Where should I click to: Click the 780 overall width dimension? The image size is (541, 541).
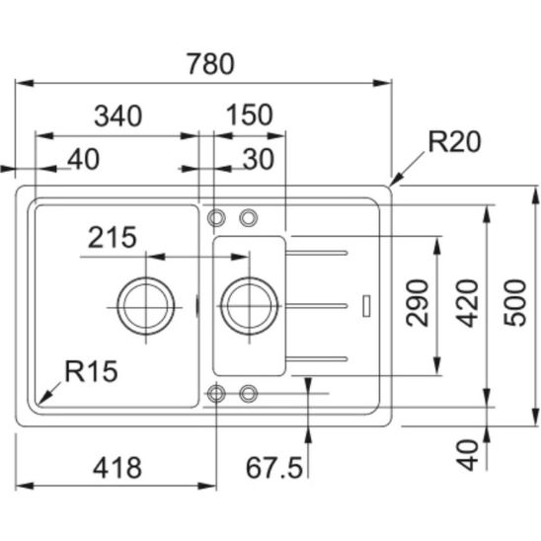click(x=211, y=64)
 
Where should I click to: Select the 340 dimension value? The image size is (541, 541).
click(x=118, y=116)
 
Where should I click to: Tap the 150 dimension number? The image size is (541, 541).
click(x=250, y=115)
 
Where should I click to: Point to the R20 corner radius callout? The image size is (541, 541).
click(x=454, y=141)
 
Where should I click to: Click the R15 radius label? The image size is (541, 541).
click(x=92, y=371)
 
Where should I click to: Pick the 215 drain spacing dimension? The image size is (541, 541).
click(x=113, y=237)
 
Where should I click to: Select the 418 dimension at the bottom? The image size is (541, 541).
click(x=117, y=468)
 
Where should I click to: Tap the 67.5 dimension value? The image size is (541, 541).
click(x=274, y=468)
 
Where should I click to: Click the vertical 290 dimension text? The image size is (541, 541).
click(x=418, y=303)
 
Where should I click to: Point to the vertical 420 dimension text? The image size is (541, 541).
click(x=467, y=303)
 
